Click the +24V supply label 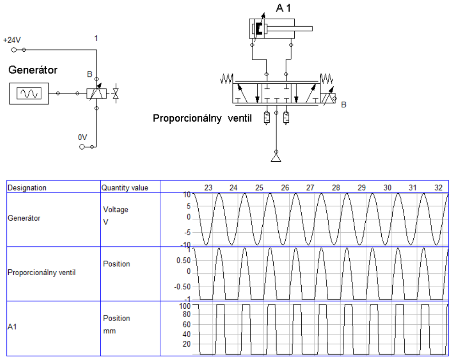point(12,40)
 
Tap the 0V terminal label point(82,137)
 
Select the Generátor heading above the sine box point(33,70)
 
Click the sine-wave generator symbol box point(29,93)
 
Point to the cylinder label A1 point(283,8)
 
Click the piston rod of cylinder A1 point(290,28)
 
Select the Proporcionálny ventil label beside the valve point(202,119)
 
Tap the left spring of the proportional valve point(227,79)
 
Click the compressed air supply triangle point(276,157)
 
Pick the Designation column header point(27,188)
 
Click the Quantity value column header point(125,188)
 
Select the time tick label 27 point(310,188)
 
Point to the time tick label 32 point(438,188)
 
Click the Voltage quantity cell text point(115,210)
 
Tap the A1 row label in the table point(12,327)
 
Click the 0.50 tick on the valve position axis point(184,261)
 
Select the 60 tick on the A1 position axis point(187,324)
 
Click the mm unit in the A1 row point(109,331)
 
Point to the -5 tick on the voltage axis point(188,232)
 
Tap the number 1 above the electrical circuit point(96,38)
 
